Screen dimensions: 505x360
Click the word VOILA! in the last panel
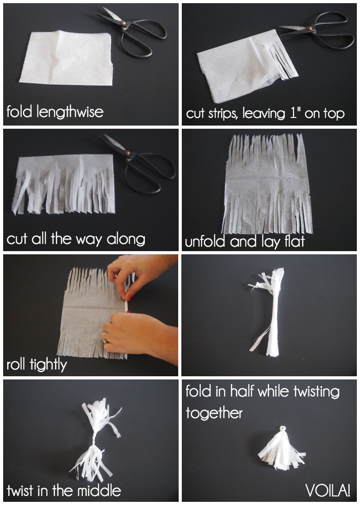point(328,491)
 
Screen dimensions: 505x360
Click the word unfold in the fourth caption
point(205,242)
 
